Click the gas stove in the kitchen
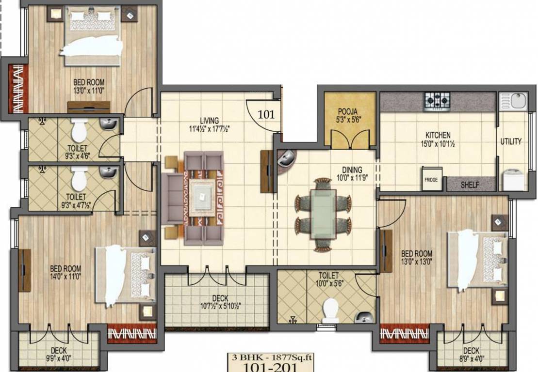point(438,101)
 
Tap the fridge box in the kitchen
point(431,179)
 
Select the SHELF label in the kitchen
point(470,185)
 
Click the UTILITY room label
point(511,141)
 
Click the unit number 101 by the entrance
point(266,115)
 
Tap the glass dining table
point(323,214)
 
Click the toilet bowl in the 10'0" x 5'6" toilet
point(331,309)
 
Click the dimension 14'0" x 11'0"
point(65,277)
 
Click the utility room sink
point(514,102)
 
